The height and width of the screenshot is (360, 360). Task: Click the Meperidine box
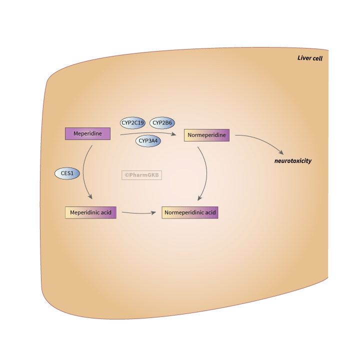[87, 133]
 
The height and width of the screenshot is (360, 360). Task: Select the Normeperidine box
[206, 135]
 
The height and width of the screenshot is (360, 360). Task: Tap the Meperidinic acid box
[90, 212]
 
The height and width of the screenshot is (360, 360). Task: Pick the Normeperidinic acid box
[190, 212]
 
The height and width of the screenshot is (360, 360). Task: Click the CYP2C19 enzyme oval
[132, 122]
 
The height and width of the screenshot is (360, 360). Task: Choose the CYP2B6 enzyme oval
[162, 122]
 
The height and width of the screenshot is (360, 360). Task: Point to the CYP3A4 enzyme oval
[148, 141]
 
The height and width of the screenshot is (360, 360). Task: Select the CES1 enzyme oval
[67, 173]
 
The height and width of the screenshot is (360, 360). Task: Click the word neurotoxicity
[293, 161]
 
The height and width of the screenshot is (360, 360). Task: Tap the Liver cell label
[310, 58]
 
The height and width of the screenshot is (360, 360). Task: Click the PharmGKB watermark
[141, 175]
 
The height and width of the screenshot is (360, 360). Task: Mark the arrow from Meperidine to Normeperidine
[150, 133]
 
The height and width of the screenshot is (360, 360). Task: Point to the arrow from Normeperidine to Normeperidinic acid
[206, 170]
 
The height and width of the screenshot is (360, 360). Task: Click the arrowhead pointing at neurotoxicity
[281, 152]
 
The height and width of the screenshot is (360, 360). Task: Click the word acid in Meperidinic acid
[106, 212]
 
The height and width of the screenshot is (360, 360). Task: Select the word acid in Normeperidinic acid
[210, 212]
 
